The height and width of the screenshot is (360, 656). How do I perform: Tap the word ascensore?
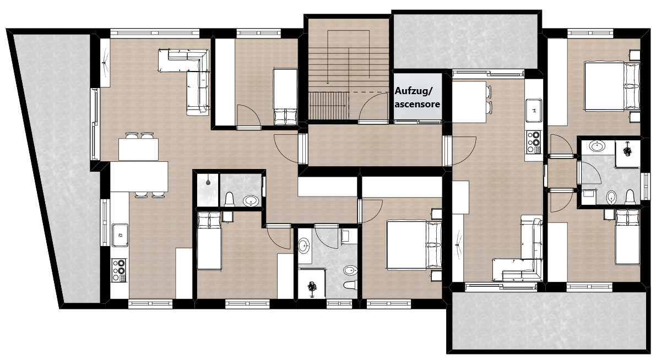coord(417,103)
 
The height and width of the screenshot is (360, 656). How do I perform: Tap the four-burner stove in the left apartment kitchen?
coord(119,270)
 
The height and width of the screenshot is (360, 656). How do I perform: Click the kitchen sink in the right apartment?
coord(534,111)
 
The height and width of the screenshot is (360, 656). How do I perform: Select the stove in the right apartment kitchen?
coord(533,142)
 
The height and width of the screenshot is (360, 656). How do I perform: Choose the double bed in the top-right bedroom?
coord(612,86)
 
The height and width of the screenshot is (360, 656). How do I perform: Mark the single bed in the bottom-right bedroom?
coord(627,237)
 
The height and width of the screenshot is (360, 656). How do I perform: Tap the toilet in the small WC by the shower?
coord(229,199)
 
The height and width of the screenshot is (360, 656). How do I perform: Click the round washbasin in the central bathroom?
coord(304,246)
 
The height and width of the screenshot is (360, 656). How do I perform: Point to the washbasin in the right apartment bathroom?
coord(597,146)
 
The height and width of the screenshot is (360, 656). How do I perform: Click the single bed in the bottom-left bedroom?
coord(209,241)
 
